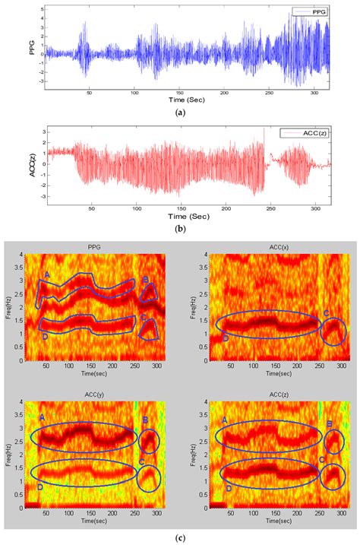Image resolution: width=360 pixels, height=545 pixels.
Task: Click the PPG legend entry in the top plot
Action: click(311, 12)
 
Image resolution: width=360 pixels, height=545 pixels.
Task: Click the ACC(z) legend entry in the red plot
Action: click(308, 133)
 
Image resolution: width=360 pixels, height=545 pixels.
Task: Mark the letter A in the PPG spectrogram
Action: click(47, 274)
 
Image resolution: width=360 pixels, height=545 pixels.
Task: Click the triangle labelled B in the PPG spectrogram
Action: click(150, 293)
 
